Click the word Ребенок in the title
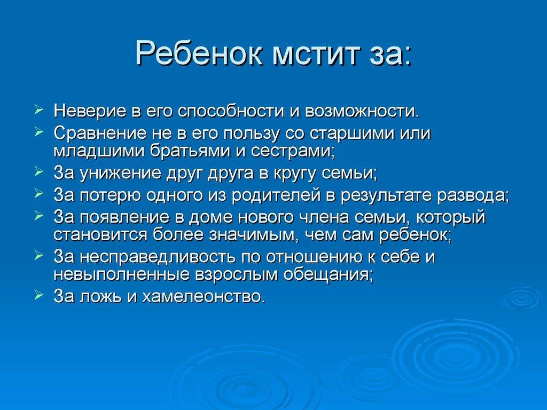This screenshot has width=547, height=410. [x=199, y=53]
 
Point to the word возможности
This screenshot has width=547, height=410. [x=362, y=112]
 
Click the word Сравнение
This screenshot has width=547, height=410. [x=100, y=134]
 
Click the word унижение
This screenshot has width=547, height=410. [x=121, y=173]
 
